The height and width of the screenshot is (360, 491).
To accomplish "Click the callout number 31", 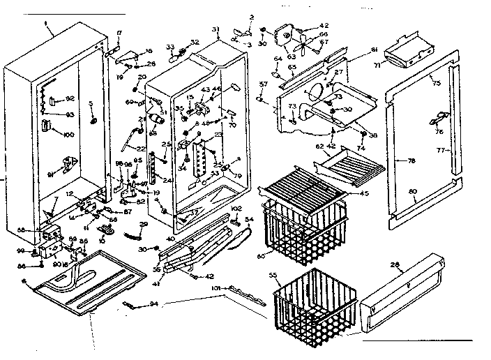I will (216, 29).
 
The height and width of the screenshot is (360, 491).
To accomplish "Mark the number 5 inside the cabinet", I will (91, 105).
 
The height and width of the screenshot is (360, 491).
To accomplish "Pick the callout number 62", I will (320, 147).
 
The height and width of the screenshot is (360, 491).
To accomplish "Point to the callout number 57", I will (263, 84).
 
